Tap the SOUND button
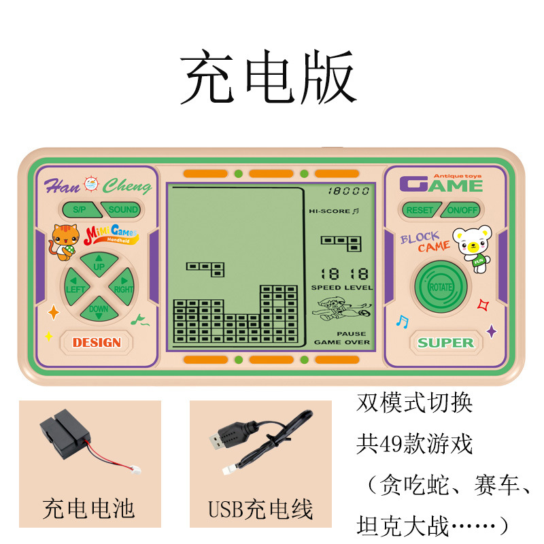pyautogui.click(x=122, y=209)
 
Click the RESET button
pyautogui.click(x=419, y=210)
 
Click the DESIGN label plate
pyautogui.click(x=97, y=342)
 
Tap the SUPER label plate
pyautogui.click(x=445, y=342)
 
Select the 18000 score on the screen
pyautogui.click(x=348, y=192)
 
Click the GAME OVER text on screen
pyautogui.click(x=342, y=342)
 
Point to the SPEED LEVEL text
pyautogui.click(x=342, y=288)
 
